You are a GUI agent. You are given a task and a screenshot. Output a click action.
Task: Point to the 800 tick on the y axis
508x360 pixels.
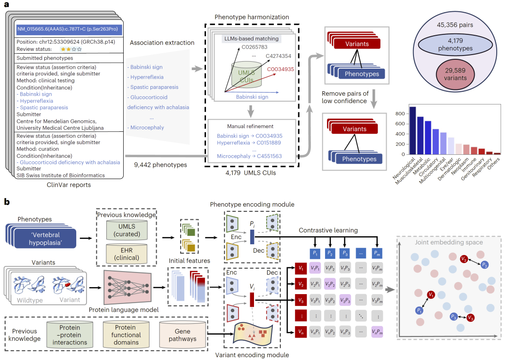pos(401,114)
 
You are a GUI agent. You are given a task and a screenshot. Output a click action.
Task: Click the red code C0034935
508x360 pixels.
pos(280,70)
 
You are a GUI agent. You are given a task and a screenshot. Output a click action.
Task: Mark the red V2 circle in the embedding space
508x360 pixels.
pos(464,259)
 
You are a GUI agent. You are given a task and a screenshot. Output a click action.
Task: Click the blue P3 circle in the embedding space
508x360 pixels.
pos(453,317)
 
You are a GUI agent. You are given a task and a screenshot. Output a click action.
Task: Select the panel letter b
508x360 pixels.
pos(8,202)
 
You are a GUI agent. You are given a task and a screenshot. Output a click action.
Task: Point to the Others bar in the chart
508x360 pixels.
pos(497,153)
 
